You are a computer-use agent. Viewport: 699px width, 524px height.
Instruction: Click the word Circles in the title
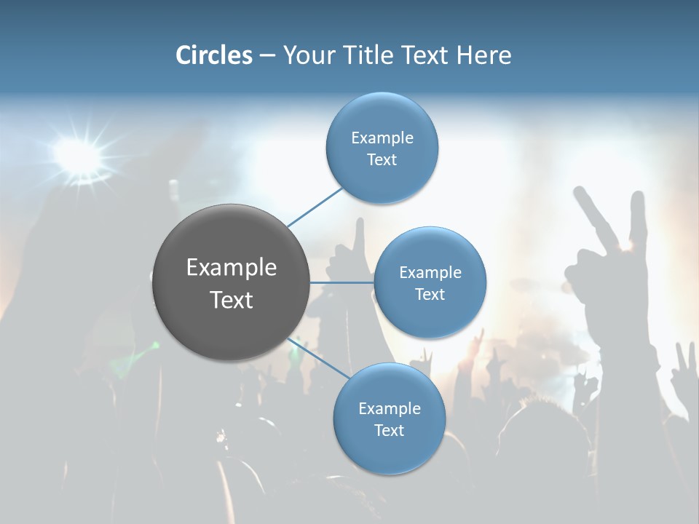(213, 55)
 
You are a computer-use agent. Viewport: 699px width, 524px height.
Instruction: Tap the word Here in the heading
(483, 55)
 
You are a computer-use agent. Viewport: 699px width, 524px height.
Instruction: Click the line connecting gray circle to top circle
(315, 207)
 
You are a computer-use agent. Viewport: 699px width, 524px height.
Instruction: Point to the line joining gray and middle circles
(341, 282)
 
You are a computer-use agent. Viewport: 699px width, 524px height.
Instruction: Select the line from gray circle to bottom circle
(317, 358)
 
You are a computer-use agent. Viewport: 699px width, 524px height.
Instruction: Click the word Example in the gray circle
(232, 267)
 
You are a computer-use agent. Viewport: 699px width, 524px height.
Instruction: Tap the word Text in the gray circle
(232, 300)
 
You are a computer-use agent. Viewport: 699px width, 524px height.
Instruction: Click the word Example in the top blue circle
(382, 138)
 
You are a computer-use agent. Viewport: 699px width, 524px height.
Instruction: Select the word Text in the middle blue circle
(430, 295)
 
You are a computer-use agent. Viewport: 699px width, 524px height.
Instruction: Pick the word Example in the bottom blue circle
(389, 408)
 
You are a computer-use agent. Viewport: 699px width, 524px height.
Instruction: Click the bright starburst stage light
(77, 155)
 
